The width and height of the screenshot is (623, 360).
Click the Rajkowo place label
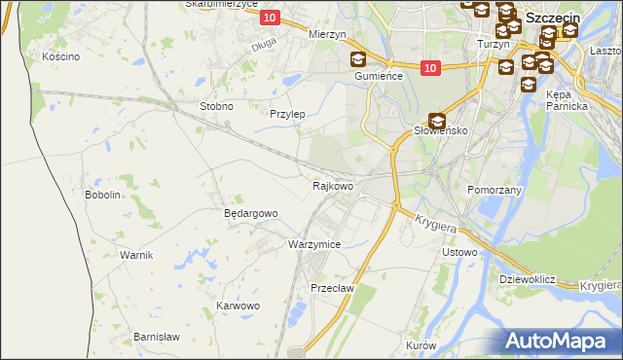pos(332,185)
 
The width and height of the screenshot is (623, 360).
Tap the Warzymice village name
pos(313,244)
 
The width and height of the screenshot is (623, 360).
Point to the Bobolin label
pos(103,195)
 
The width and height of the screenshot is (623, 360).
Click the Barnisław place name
pos(157,337)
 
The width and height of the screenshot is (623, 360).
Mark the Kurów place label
pos(421,346)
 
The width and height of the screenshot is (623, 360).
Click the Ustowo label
pos(459,253)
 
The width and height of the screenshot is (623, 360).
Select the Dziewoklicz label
pos(527,279)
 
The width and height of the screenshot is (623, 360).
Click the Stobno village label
pos(215,106)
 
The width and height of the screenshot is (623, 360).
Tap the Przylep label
pos(287,114)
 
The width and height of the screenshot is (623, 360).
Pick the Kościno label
pos(60,56)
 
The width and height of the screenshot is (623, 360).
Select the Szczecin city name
pos(553,18)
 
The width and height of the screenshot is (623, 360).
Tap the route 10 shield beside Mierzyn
pos(270,18)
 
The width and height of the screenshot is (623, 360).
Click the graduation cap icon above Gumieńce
pos(358,59)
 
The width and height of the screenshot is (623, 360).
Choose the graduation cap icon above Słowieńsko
pos(437,120)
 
